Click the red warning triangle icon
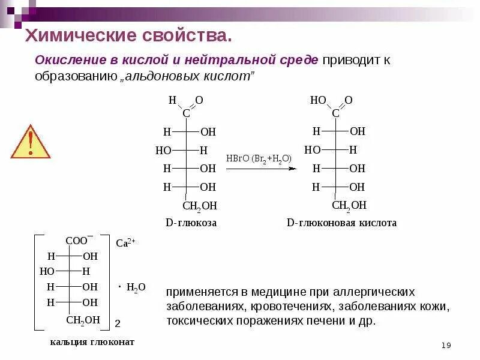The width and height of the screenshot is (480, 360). (30, 142)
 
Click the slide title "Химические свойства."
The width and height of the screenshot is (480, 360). (128, 35)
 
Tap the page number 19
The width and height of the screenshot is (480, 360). (446, 345)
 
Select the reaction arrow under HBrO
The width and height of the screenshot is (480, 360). (261, 169)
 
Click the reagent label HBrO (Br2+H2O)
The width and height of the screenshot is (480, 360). (259, 158)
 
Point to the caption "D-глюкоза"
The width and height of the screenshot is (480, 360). (191, 223)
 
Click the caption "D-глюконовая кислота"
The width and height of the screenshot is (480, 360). (341, 223)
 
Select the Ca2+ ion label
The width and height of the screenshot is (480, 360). (126, 243)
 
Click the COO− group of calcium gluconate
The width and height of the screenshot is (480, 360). (79, 240)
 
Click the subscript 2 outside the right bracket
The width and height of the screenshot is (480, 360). (118, 323)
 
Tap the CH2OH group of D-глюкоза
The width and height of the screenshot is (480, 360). (199, 206)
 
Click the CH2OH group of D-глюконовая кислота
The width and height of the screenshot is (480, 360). (349, 206)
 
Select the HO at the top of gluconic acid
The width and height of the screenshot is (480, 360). (318, 100)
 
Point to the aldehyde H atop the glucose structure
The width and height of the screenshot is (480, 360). (172, 100)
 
